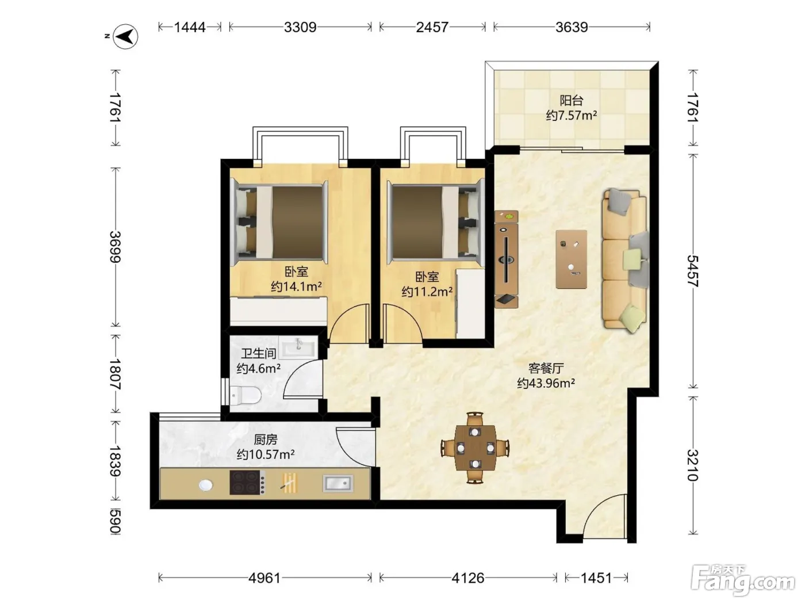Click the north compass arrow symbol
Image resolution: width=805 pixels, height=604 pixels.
[x=125, y=37]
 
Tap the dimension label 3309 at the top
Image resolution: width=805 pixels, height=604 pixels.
[x=300, y=27]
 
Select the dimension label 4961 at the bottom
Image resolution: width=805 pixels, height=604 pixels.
[x=264, y=578]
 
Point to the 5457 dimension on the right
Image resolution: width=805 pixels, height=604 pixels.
[x=692, y=271]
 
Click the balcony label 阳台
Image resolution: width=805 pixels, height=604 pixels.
[x=572, y=100]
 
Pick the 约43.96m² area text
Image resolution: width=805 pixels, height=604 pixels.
[x=546, y=383]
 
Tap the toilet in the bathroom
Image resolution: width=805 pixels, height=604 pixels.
[x=245, y=396]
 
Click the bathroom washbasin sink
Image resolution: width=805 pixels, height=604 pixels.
[x=298, y=347]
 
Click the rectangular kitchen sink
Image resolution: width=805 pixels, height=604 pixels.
[x=338, y=483]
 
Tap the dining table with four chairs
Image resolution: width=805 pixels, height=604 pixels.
[x=475, y=448]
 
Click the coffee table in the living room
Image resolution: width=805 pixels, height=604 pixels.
[x=571, y=259]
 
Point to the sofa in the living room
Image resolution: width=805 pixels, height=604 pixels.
[x=625, y=261]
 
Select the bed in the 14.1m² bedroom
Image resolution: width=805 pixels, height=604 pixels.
[x=279, y=221]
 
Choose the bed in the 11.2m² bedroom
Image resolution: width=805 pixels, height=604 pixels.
[x=436, y=221]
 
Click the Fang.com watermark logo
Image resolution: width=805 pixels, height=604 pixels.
[x=743, y=580]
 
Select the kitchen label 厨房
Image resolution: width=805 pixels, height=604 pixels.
[x=266, y=439]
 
